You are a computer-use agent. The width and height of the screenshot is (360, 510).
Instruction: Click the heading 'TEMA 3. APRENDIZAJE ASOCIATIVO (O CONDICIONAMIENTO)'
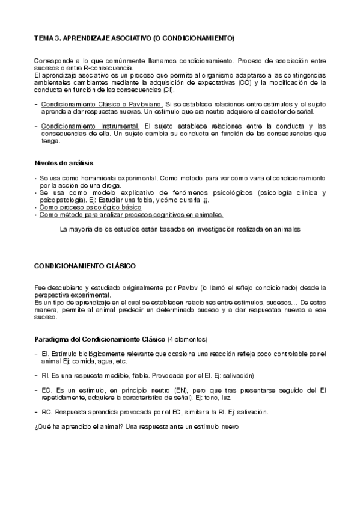click(134, 38)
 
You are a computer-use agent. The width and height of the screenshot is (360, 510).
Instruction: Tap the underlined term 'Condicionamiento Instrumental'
click(91, 126)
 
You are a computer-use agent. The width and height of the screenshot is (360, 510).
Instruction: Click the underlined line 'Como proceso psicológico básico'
click(91, 207)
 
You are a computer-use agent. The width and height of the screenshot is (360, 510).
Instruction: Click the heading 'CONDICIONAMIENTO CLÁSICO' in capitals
click(85, 265)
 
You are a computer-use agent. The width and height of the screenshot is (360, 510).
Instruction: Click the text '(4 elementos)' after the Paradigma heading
click(188, 339)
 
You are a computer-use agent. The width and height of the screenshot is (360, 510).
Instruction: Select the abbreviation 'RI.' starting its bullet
click(44, 375)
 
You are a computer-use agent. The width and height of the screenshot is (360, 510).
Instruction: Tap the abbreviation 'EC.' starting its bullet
click(46, 390)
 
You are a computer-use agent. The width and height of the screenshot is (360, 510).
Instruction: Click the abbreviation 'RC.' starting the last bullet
click(46, 412)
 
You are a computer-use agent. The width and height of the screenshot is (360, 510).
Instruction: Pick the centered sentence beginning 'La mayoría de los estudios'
click(180, 229)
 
